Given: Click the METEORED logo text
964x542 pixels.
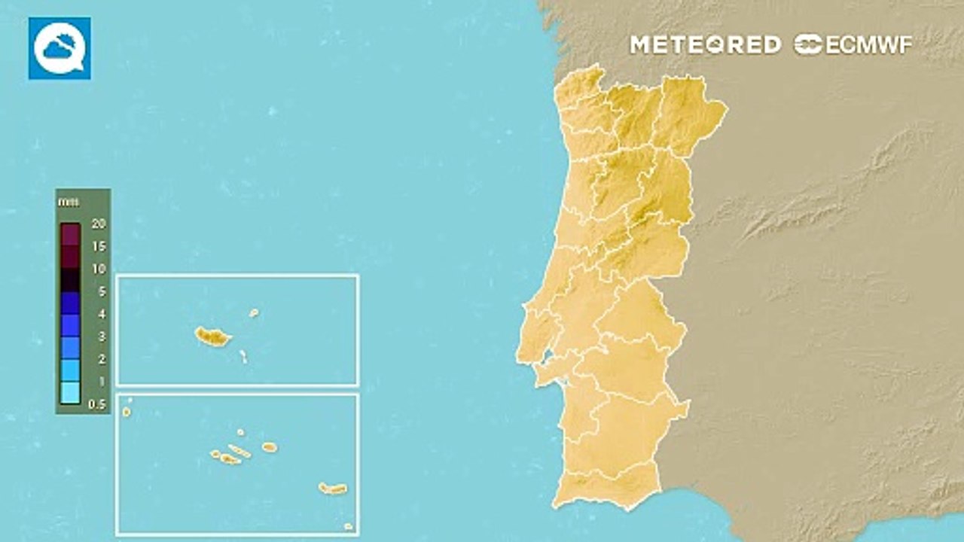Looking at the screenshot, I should click(705, 45).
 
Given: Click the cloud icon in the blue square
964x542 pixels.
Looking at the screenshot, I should click(59, 48).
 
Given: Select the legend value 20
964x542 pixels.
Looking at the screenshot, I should click(98, 224).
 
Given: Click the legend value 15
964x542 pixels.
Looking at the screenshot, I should click(98, 246).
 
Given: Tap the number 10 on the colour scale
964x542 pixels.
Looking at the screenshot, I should click(98, 269).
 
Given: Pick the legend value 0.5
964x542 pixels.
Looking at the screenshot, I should click(98, 405).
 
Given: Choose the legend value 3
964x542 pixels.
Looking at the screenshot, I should click(102, 336).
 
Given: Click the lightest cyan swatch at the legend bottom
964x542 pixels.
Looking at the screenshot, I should click(70, 392).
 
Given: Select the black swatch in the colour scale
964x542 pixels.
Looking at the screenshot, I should click(70, 280).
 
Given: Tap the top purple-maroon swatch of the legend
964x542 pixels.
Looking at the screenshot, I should click(70, 235).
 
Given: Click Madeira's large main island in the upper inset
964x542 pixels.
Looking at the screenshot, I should click(212, 336).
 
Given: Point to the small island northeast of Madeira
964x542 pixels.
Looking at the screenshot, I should click(254, 312).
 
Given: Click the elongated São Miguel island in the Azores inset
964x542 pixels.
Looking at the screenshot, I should click(332, 489).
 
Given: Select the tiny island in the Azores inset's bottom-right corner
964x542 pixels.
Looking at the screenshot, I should click(348, 526).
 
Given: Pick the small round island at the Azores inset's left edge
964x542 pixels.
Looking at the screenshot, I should click(127, 412).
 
